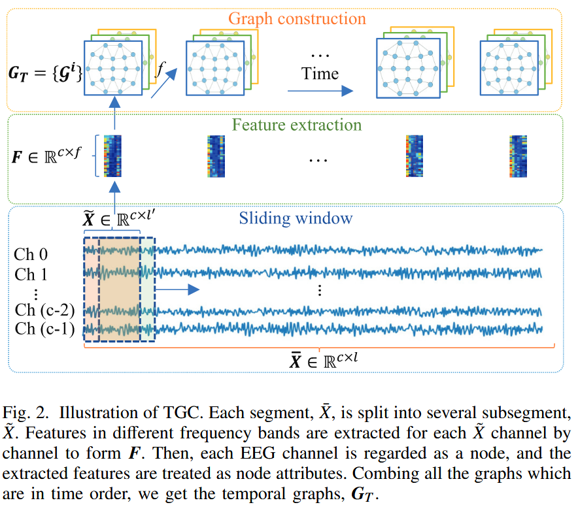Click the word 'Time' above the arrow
pos(320,73)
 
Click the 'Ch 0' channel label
pos(31,255)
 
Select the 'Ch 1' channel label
pos(31,273)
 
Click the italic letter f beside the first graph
pos(160,70)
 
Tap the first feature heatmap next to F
pos(113,156)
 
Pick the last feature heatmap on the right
pos(518,156)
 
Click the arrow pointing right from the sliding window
pos(177,288)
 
